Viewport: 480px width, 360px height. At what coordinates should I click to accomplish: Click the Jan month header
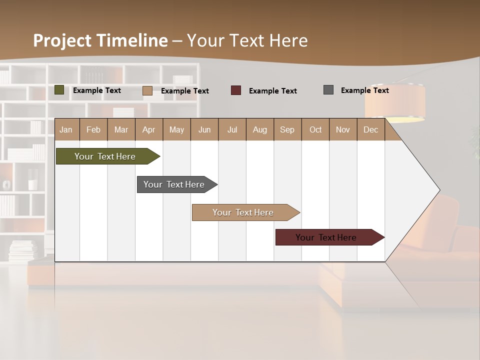66,129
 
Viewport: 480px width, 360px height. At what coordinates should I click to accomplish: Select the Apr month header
148,129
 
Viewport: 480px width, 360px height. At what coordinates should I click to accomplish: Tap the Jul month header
232,129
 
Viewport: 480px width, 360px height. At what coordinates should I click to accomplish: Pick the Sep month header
287,129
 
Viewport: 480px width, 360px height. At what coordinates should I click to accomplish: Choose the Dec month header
370,129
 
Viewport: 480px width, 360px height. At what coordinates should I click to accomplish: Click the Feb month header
93,129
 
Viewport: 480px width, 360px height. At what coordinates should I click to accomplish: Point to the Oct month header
315,129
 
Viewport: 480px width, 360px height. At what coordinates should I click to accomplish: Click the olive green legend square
59,90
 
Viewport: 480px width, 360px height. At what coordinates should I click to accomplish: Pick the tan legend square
147,90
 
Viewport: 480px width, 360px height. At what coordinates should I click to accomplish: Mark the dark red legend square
236,90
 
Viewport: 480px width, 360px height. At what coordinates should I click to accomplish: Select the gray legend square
328,90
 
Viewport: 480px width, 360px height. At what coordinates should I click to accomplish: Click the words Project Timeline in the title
100,40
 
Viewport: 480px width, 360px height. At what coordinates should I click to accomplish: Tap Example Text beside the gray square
365,90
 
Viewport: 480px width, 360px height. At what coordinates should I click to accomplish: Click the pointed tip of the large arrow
439,190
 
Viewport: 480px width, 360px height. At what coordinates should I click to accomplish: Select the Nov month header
343,129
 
